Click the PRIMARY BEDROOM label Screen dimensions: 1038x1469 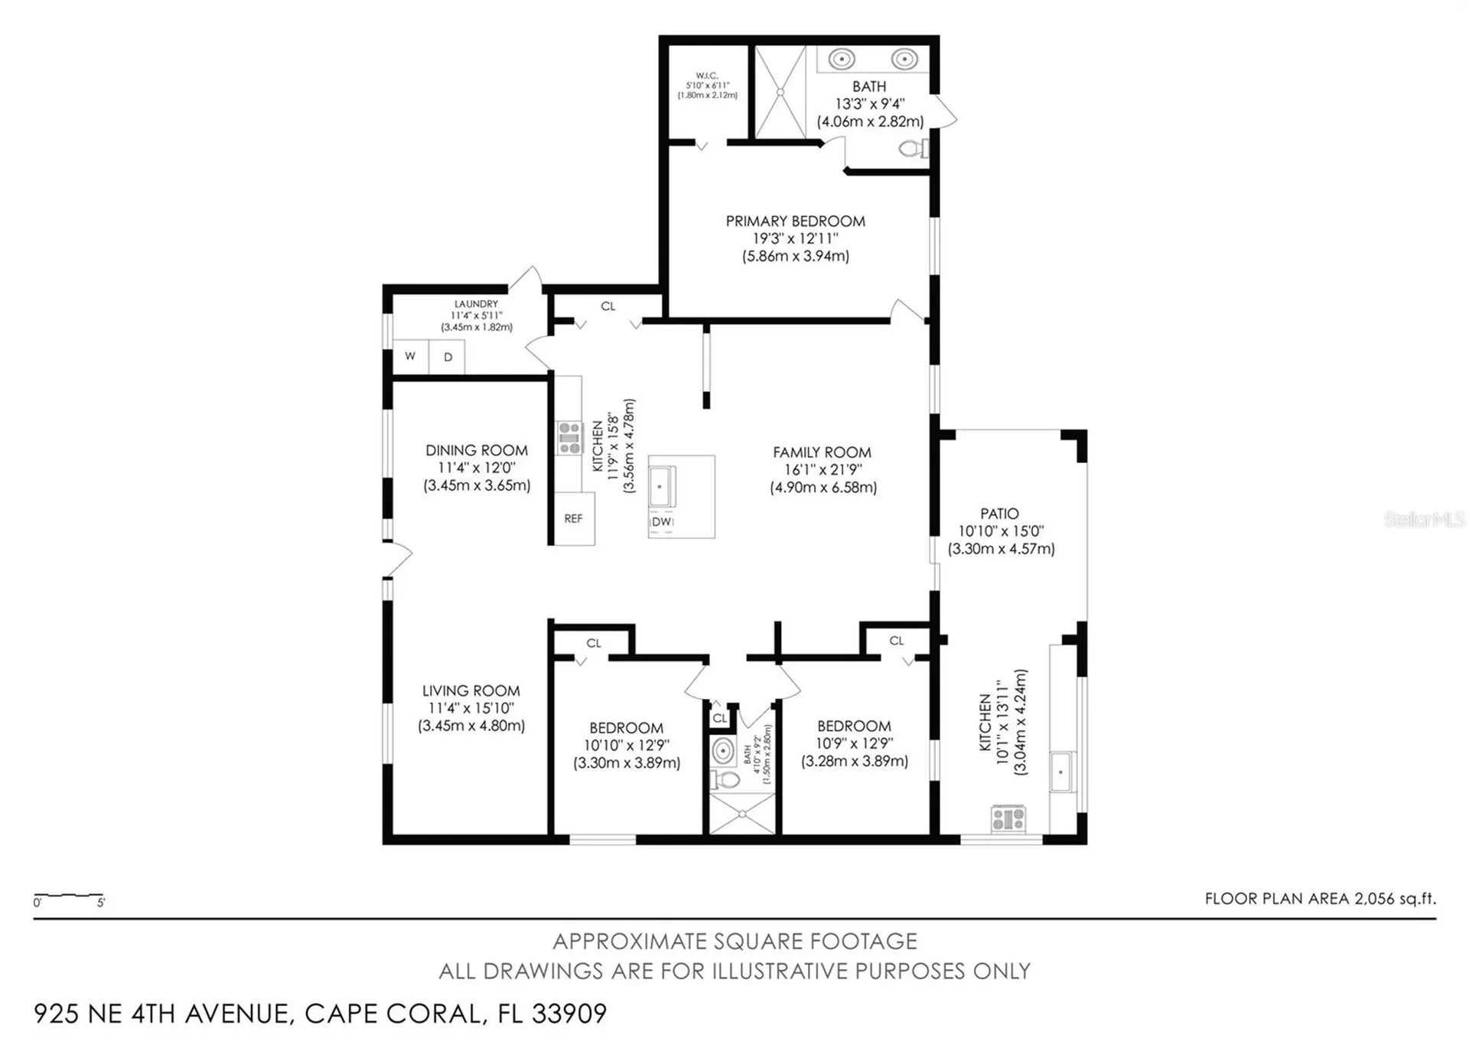795,221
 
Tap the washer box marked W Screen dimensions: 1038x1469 410,357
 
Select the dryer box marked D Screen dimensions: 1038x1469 448,357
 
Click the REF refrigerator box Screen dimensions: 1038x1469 574,519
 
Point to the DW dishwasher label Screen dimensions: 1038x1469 662,522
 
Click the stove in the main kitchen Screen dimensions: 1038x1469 569,438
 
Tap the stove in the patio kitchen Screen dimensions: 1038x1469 1008,819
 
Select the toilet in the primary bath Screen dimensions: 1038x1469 912,149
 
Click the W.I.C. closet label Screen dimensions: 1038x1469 707,76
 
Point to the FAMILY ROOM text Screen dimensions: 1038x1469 822,452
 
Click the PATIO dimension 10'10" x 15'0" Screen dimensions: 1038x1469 1001,531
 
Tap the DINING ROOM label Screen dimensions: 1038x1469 476,451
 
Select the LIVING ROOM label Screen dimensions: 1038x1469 471,691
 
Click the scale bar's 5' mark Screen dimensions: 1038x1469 101,903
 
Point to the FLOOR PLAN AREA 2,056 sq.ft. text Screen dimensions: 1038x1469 1320,899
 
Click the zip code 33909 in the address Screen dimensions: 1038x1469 568,1014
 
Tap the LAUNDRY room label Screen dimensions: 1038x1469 476,304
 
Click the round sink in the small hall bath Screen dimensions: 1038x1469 723,751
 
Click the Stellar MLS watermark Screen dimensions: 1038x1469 1424,520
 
